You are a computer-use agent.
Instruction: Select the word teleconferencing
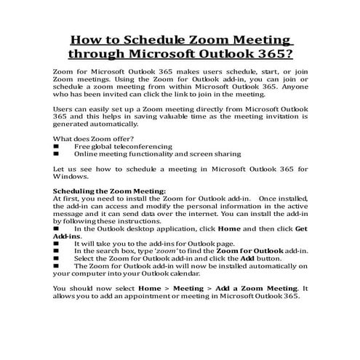coord(145,147)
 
